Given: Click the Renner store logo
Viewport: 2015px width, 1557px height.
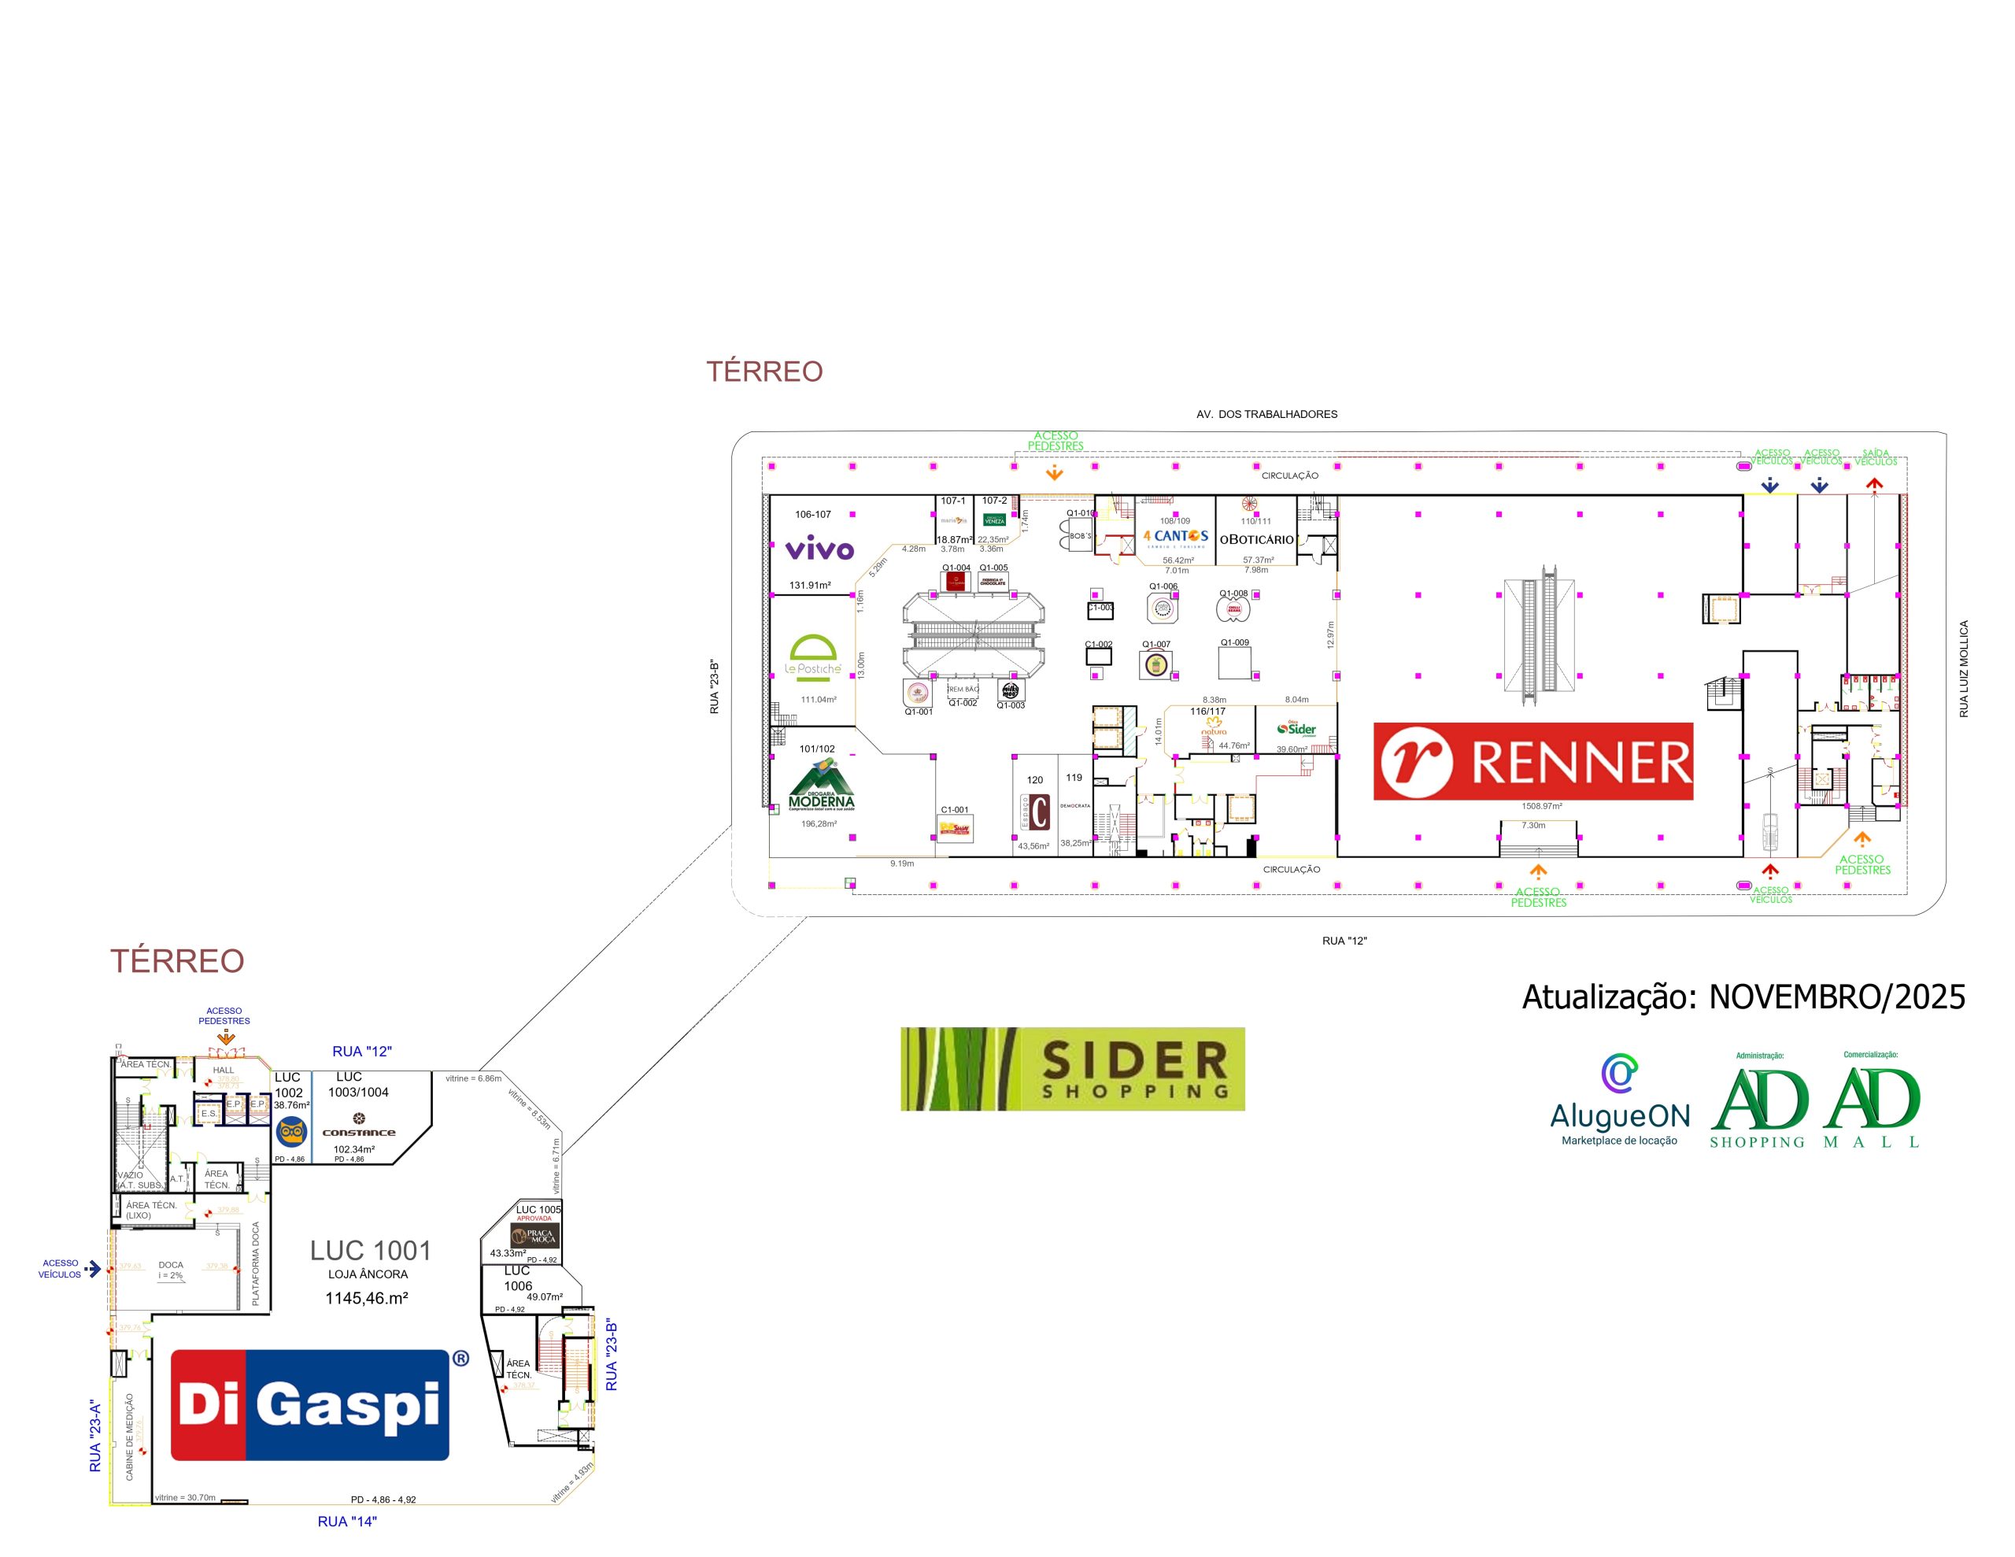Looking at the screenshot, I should click(x=1533, y=760).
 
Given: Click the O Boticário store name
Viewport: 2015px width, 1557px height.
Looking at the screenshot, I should click(x=1256, y=539).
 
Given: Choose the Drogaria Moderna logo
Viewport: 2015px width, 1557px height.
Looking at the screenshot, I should click(x=821, y=786).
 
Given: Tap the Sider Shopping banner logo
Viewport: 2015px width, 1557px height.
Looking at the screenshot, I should click(x=1072, y=1068).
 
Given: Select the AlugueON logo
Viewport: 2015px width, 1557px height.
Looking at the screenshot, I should click(x=1619, y=1099).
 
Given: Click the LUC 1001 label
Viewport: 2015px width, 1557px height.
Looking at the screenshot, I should click(x=370, y=1250).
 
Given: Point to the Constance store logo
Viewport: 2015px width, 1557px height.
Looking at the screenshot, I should click(x=359, y=1125).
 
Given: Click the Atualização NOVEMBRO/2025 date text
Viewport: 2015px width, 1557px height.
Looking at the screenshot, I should click(x=1743, y=997).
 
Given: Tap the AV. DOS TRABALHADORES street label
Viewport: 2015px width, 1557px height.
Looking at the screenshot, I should click(x=1266, y=414).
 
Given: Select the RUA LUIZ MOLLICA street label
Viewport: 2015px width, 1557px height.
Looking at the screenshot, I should click(x=1963, y=668).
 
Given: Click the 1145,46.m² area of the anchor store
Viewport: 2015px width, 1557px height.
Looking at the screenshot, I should click(x=366, y=1298).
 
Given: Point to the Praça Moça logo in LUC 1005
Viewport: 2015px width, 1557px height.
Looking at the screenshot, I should click(x=535, y=1236).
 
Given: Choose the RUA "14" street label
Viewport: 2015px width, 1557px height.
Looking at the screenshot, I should click(x=347, y=1521).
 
